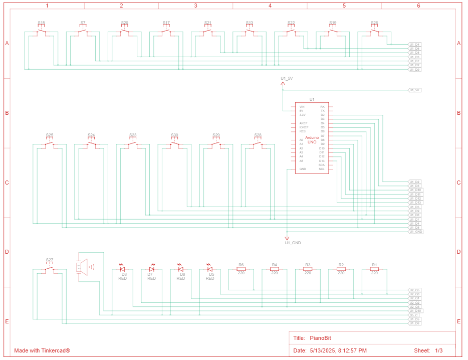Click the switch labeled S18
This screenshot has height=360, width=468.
point(41,32)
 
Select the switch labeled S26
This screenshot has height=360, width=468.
point(374,32)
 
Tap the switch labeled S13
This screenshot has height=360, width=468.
point(250,32)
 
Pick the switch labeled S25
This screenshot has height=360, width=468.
point(50,144)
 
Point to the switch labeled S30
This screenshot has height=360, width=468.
point(174,144)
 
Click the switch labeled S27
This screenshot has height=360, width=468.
point(50,269)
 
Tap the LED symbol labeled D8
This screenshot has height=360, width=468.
point(123,269)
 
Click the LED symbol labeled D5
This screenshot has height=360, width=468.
point(210,269)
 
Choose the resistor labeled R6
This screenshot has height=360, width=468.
point(241,269)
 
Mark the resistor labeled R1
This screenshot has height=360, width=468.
point(374,269)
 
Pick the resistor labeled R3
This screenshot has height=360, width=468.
point(308,269)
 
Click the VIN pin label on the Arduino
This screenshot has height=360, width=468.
point(302,107)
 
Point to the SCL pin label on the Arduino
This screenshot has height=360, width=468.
point(322,169)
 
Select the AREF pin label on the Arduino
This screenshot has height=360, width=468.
point(303,123)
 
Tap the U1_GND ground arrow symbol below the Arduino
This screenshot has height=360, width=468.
point(287,238)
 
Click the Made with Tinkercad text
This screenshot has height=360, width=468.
point(42,350)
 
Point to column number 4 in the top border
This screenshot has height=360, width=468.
point(270,6)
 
